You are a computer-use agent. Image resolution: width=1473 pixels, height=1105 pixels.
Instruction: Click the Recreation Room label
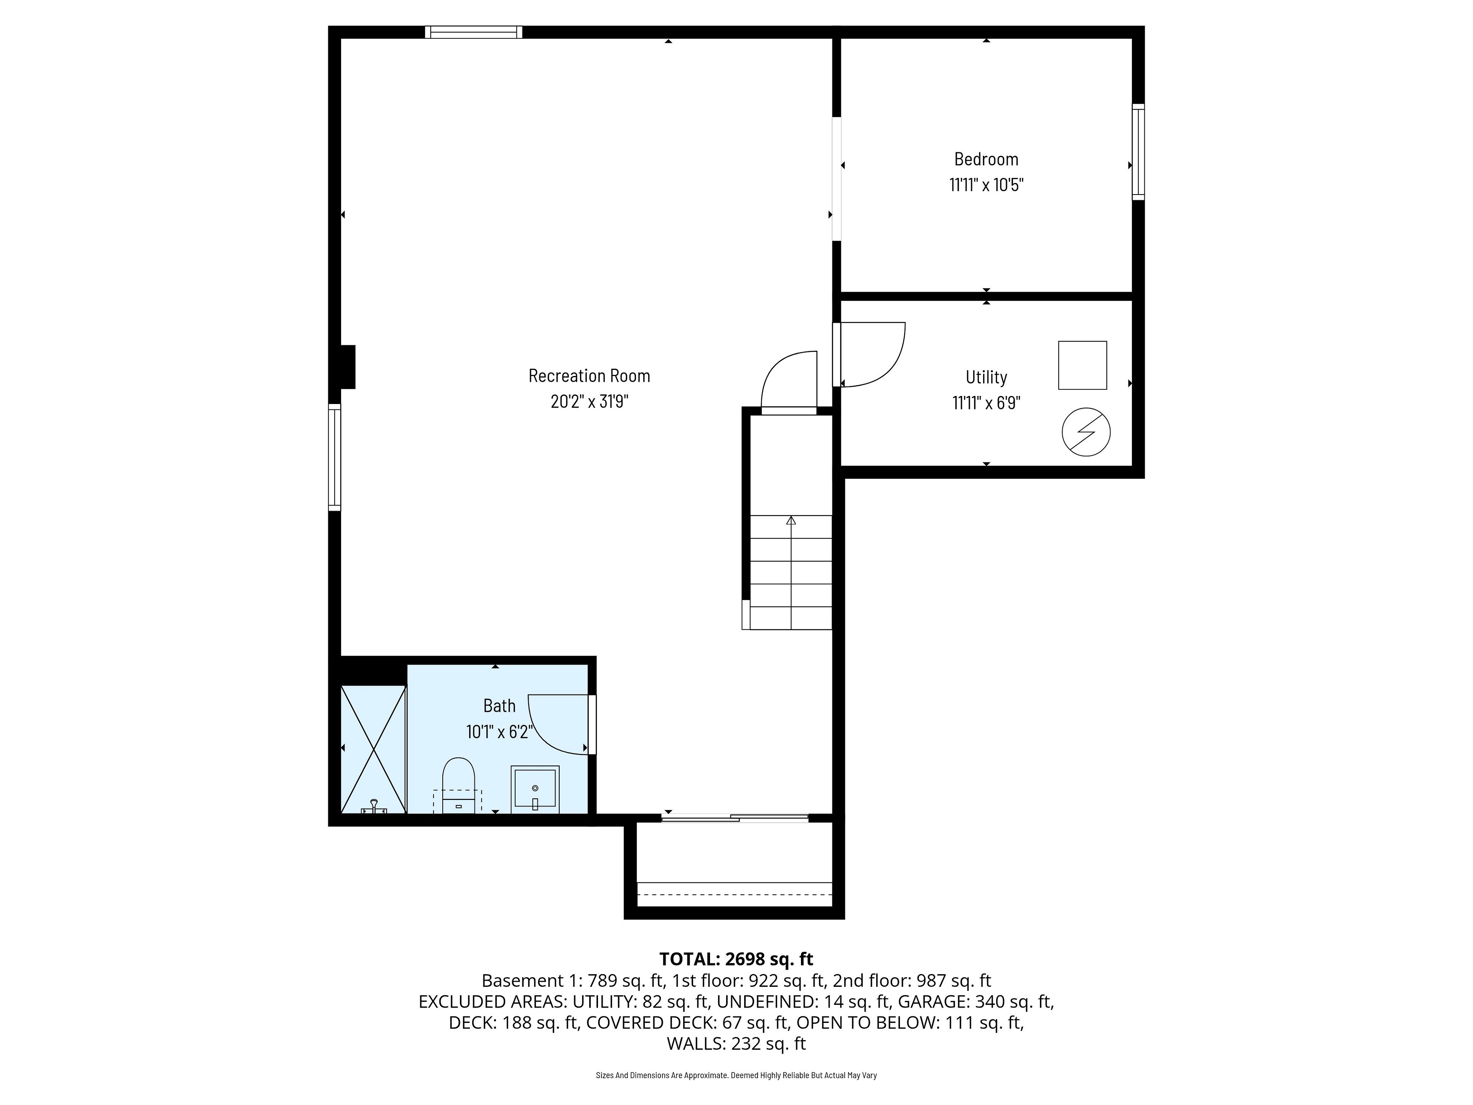589,376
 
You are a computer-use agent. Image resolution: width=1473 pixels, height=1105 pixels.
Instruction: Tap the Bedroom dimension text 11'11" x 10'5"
986,185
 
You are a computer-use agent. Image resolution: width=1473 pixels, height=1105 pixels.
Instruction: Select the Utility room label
986,377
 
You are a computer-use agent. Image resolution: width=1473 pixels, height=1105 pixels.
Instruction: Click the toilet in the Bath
458,785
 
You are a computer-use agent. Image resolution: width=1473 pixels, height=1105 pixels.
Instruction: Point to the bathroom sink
535,789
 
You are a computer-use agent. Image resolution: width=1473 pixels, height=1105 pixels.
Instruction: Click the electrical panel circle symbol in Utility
1086,432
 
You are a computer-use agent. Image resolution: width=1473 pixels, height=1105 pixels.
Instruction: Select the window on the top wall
473,32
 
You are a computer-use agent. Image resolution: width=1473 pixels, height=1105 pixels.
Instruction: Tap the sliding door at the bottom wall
735,818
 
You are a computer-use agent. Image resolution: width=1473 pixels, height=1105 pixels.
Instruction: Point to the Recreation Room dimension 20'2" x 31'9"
589,402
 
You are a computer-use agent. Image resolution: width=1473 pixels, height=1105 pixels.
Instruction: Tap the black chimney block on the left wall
348,366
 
